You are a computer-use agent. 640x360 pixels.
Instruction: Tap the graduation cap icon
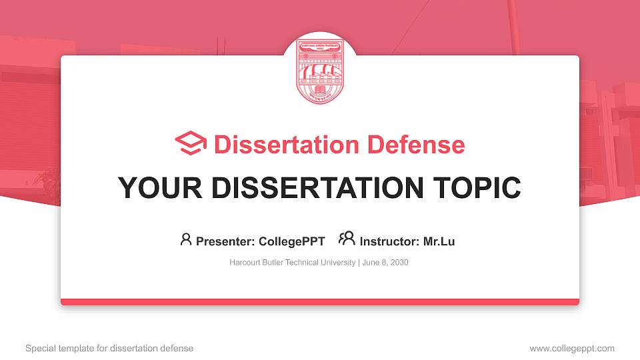(191, 145)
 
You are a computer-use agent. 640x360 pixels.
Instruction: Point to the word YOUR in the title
(155, 188)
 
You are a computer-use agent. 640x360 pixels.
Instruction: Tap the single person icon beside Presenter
(186, 240)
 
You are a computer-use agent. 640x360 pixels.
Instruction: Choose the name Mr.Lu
(439, 241)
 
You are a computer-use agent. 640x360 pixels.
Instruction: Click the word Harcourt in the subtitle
(245, 263)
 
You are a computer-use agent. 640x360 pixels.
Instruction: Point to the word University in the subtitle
(339, 263)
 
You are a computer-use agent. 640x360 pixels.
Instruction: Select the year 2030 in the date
(398, 263)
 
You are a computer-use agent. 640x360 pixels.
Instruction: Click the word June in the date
(371, 263)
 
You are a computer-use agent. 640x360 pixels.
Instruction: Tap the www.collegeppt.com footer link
(572, 348)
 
